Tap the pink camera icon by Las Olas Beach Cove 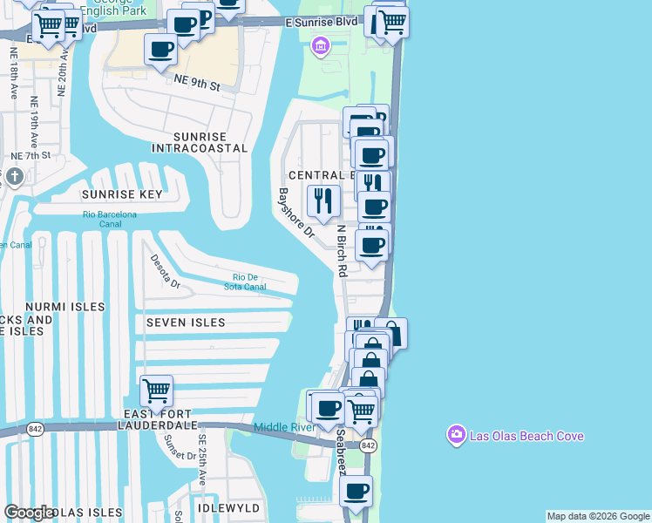[456, 434]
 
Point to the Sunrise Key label [123, 194]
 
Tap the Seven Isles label [186, 323]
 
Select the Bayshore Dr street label [295, 214]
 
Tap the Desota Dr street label [164, 271]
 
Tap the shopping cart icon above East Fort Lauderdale [156, 390]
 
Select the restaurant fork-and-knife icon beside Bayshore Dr [323, 200]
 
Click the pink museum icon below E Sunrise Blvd [321, 44]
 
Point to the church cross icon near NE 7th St [14, 178]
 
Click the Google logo [29, 513]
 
